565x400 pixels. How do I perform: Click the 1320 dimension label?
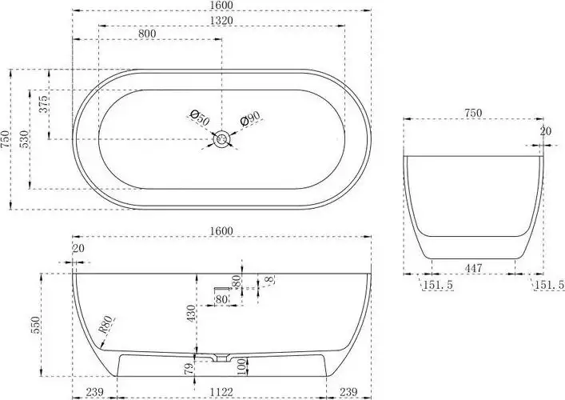(221, 21)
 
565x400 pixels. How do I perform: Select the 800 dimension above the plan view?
(147, 34)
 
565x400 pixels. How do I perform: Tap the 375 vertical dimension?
(43, 104)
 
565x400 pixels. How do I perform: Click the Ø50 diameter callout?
(199, 118)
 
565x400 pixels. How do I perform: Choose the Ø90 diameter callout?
(249, 118)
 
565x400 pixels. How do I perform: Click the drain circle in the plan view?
(221, 139)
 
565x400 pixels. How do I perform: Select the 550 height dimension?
(36, 325)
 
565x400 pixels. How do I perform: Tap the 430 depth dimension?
(191, 313)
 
